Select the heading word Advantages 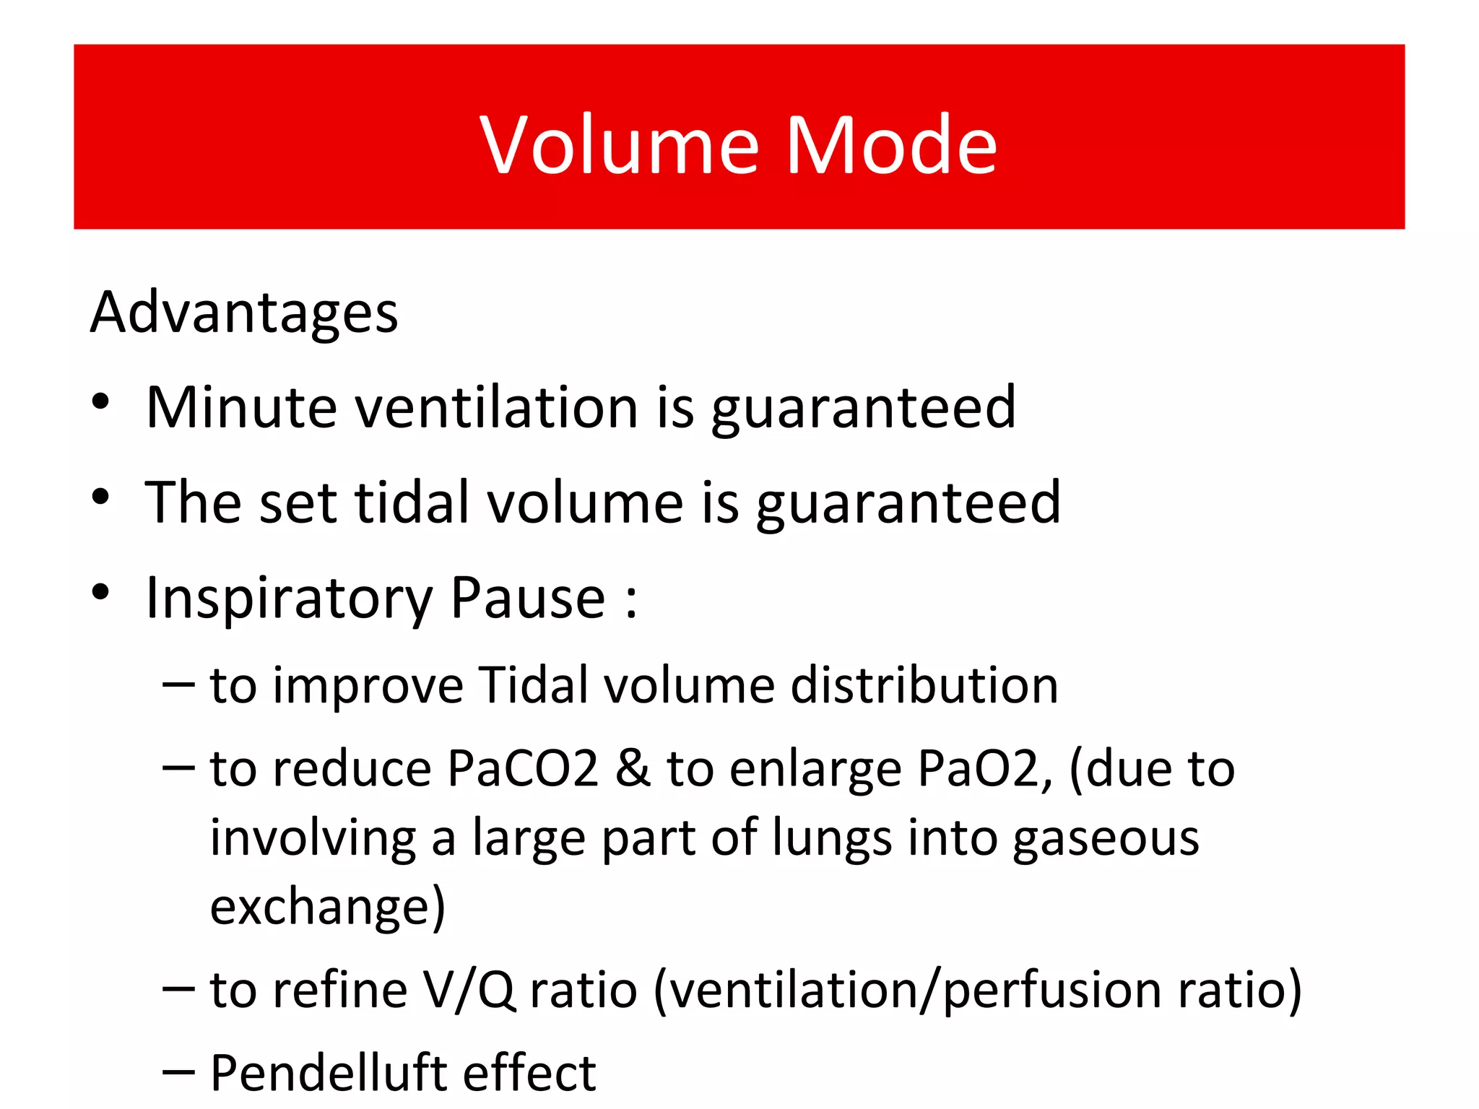pos(244,313)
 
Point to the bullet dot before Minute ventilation pos(101,401)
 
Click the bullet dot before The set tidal pos(101,497)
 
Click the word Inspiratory pos(289,599)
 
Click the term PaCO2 pos(523,768)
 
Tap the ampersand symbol pos(633,768)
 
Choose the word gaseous pos(1106,839)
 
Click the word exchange pos(327,908)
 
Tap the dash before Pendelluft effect pos(178,1074)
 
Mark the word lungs pos(831,839)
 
